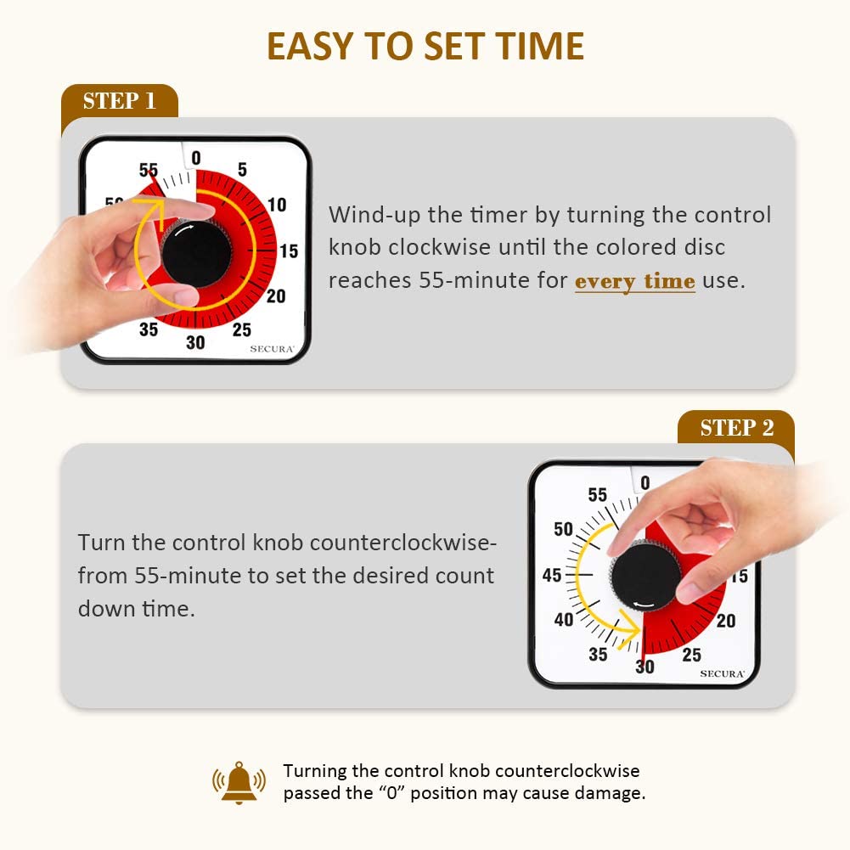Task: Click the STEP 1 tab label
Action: [x=119, y=101]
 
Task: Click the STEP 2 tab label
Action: [x=737, y=428]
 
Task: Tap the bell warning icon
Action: [x=239, y=782]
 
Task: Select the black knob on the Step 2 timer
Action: [x=645, y=576]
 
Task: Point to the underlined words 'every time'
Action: [x=635, y=281]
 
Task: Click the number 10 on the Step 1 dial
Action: [x=277, y=205]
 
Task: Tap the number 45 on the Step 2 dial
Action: [x=552, y=575]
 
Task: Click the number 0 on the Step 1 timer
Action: [x=196, y=158]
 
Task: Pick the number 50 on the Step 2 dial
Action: [x=563, y=528]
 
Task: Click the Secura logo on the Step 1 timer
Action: [x=272, y=348]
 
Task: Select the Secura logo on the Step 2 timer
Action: [x=722, y=674]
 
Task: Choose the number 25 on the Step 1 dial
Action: [x=242, y=329]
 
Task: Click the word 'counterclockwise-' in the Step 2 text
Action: [x=403, y=542]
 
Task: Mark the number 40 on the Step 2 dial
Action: [x=564, y=619]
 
